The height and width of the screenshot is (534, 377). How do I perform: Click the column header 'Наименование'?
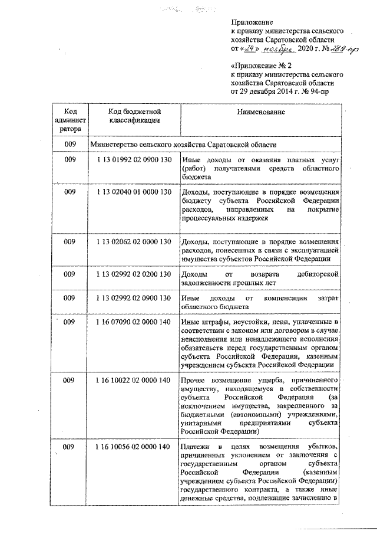tap(262, 112)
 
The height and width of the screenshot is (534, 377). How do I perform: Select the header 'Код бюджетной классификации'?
tap(134, 116)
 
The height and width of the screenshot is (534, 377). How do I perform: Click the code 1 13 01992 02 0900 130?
tap(133, 160)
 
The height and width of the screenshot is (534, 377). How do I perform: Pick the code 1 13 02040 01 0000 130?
tap(133, 192)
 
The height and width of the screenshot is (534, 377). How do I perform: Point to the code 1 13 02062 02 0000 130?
tap(133, 241)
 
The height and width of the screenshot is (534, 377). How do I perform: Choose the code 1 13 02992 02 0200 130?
tap(133, 274)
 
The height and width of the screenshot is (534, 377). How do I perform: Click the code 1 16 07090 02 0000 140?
tap(133, 322)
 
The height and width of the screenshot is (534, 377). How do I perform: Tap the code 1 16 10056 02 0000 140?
tap(133, 446)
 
